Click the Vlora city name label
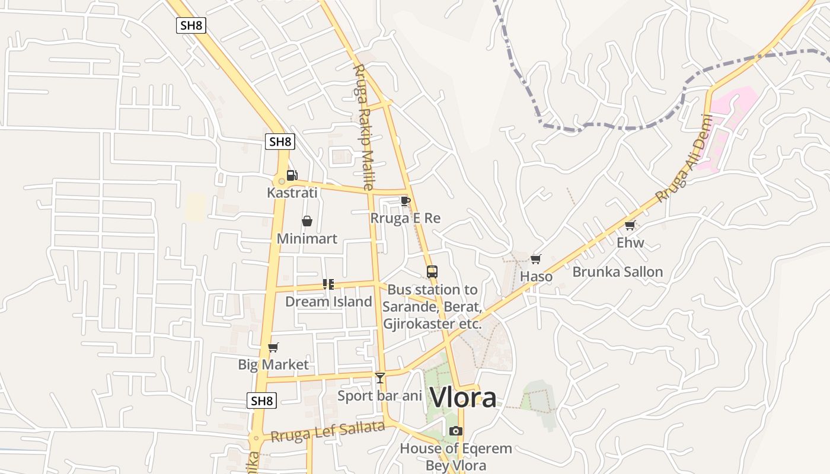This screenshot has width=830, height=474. (462, 398)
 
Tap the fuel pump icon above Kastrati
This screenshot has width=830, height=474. (292, 175)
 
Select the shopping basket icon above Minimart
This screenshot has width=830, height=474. (307, 221)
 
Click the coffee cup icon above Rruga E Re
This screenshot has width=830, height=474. (406, 201)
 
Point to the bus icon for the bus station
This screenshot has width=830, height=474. (432, 272)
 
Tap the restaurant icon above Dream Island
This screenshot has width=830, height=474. (328, 284)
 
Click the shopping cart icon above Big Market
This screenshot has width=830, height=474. (273, 347)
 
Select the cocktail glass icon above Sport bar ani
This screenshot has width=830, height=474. (380, 378)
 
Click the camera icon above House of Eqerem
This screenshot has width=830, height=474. (455, 431)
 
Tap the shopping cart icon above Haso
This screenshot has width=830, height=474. (536, 259)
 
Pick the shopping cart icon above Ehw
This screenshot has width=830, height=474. (630, 225)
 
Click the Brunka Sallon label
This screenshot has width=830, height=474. (617, 272)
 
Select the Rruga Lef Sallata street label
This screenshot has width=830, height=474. (328, 432)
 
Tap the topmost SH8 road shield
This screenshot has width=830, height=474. (191, 25)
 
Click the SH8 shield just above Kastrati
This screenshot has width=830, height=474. (280, 142)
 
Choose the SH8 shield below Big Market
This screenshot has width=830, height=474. (261, 401)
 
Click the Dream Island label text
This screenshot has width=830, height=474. (328, 302)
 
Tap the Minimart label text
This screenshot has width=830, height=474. (307, 239)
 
